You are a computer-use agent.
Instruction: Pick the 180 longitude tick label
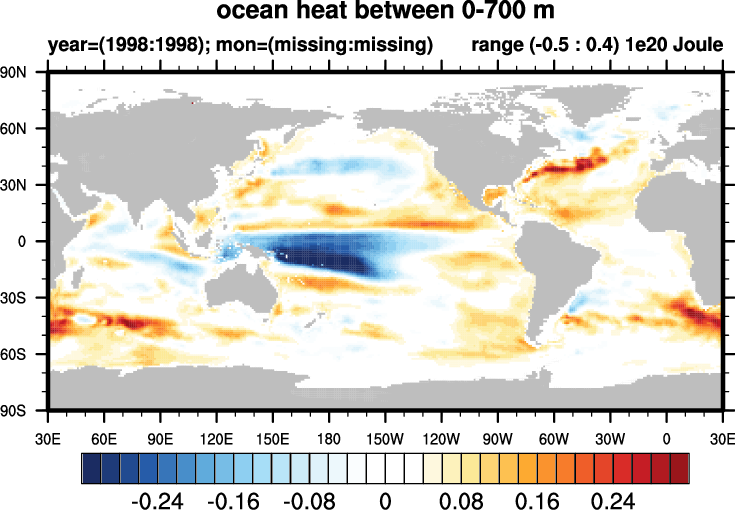(x=329, y=438)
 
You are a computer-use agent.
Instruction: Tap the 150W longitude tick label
(x=385, y=438)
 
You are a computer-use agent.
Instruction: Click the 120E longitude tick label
(x=217, y=438)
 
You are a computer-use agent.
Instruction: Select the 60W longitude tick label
(x=553, y=438)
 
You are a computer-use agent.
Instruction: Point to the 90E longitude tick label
(x=161, y=438)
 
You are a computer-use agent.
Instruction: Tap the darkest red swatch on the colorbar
(x=679, y=467)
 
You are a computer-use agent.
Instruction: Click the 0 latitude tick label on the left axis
(x=30, y=241)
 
